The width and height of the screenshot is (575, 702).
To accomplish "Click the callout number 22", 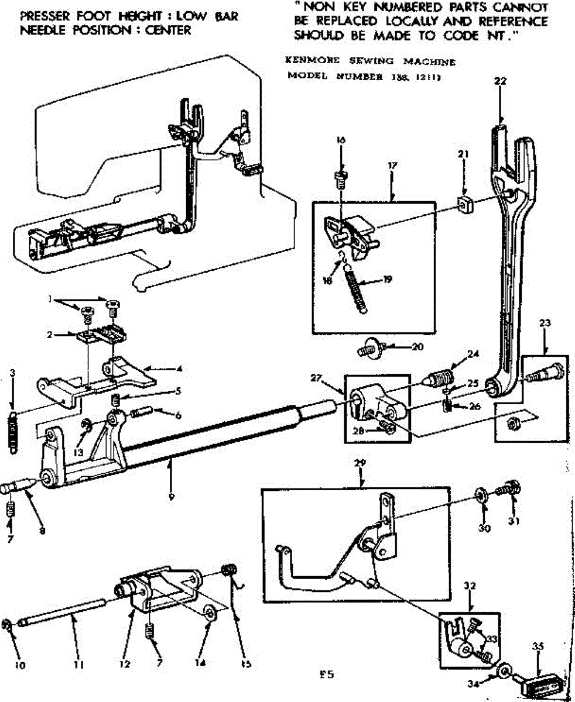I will (x=499, y=81).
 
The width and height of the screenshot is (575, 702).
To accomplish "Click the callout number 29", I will (x=361, y=463).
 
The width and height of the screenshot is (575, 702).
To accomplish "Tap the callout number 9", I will (x=171, y=498).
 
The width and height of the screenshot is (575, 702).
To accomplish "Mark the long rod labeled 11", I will (x=64, y=619).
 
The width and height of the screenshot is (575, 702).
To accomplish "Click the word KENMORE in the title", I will (x=304, y=61).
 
